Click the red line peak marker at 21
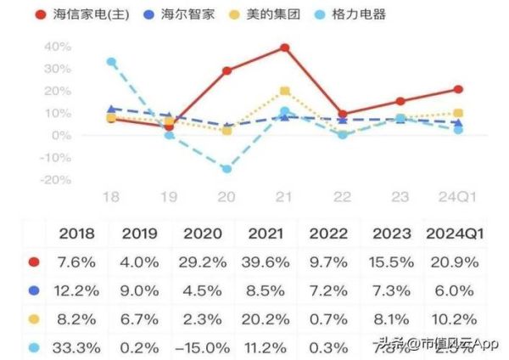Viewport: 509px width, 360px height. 285,48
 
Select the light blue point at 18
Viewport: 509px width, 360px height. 111,62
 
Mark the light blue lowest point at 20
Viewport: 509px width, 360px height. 227,169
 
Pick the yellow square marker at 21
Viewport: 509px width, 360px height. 285,91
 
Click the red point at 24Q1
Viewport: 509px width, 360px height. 458,89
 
